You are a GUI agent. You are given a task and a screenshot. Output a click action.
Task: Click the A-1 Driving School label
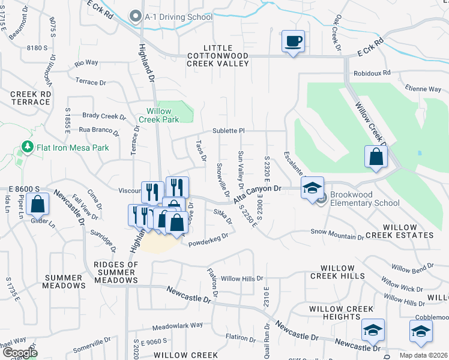point(178,17)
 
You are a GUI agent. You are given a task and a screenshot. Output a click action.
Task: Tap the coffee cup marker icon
point(293,41)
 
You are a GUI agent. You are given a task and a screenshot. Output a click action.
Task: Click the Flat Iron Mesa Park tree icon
point(26,146)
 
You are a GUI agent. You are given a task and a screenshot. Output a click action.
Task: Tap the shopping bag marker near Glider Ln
point(38,204)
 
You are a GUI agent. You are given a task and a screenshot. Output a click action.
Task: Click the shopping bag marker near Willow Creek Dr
point(375,157)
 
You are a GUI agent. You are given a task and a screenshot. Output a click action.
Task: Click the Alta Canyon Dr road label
point(258,194)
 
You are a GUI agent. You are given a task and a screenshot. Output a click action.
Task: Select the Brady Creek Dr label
point(100,116)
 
